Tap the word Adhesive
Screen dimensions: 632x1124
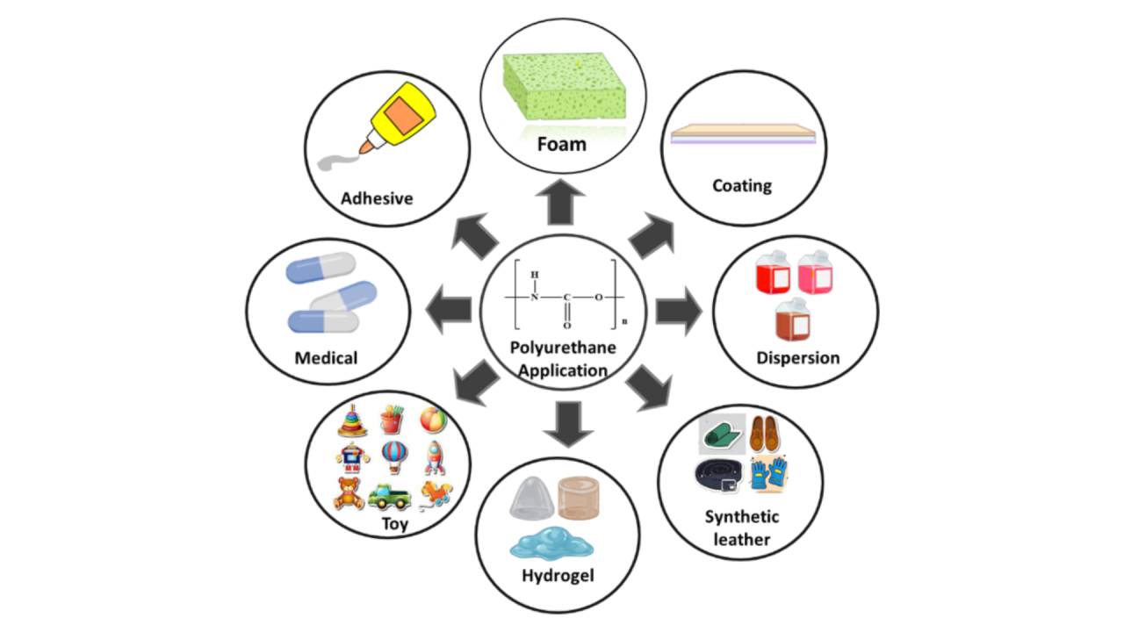(377, 198)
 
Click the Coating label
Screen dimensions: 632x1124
(742, 185)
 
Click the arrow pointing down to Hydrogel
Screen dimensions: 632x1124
(563, 424)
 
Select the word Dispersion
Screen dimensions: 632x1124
(798, 358)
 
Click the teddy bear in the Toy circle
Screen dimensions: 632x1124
(349, 493)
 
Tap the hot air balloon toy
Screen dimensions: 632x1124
(393, 457)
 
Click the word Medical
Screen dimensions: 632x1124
(326, 358)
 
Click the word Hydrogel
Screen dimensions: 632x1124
(558, 576)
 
